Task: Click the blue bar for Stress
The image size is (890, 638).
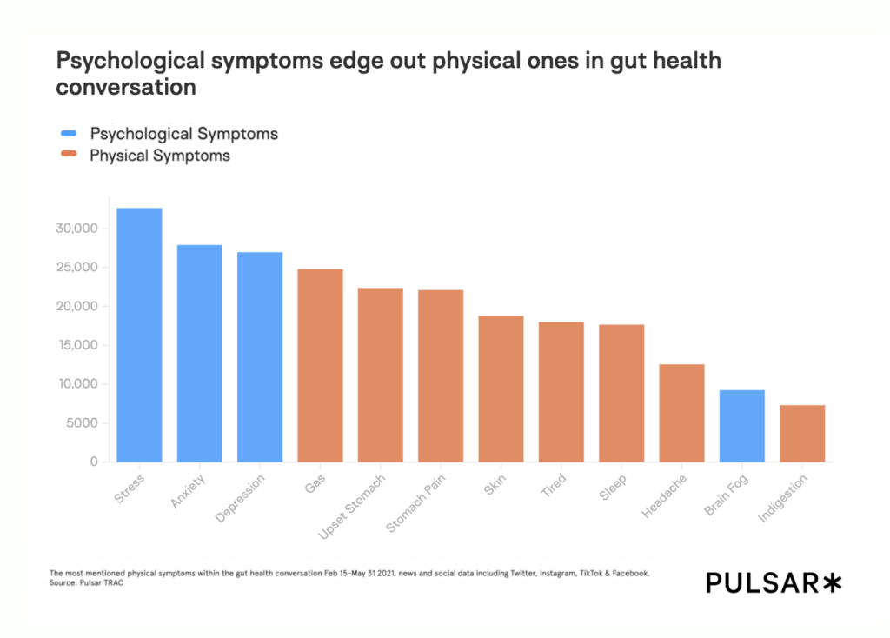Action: click(x=139, y=335)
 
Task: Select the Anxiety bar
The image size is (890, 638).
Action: click(x=199, y=353)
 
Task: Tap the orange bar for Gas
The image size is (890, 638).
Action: click(x=320, y=365)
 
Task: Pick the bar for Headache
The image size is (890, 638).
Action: click(x=681, y=413)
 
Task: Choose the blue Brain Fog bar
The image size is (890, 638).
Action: click(x=741, y=426)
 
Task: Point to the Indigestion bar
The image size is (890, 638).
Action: click(x=801, y=433)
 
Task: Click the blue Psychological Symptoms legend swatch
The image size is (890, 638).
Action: click(x=70, y=134)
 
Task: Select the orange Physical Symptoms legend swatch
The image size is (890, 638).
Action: click(x=70, y=156)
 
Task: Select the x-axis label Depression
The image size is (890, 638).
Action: click(x=232, y=500)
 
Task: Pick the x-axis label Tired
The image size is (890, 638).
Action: click(x=553, y=485)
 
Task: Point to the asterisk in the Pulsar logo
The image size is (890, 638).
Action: click(x=832, y=583)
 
